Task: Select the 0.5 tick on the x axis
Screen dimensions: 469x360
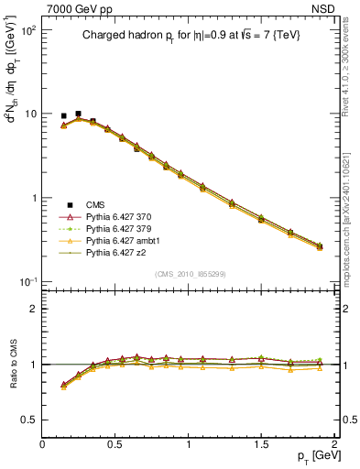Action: pos(115,443)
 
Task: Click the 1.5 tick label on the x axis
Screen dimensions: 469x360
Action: pos(261,443)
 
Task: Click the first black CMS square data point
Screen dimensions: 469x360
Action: pos(63,116)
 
